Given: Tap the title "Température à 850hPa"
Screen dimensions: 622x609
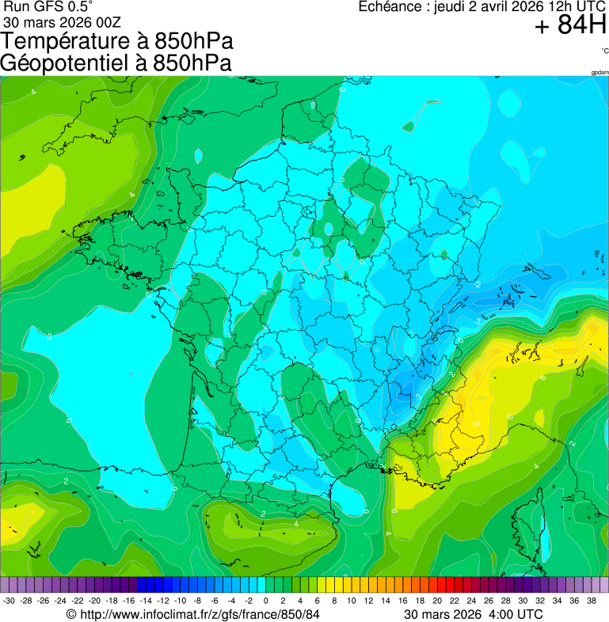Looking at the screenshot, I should (x=117, y=41).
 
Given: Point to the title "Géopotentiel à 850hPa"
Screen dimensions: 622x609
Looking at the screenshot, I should (x=116, y=63).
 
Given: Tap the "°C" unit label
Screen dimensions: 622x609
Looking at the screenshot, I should (x=604, y=51).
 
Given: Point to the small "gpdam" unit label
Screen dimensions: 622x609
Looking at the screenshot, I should (x=599, y=72).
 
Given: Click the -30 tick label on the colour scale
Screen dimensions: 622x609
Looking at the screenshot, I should (x=9, y=601).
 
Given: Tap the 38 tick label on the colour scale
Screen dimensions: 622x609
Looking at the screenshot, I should (x=591, y=601).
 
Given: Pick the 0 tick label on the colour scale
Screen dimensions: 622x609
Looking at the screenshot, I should (x=265, y=601).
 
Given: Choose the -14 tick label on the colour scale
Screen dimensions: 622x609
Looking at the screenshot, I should (x=146, y=601).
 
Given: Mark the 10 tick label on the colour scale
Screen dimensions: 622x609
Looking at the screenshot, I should (x=351, y=601).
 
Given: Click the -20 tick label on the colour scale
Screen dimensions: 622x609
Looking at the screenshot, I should (x=94, y=601).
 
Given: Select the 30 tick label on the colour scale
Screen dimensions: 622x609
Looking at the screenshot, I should (x=523, y=601).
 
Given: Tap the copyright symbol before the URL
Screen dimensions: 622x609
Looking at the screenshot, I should (x=71, y=614).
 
